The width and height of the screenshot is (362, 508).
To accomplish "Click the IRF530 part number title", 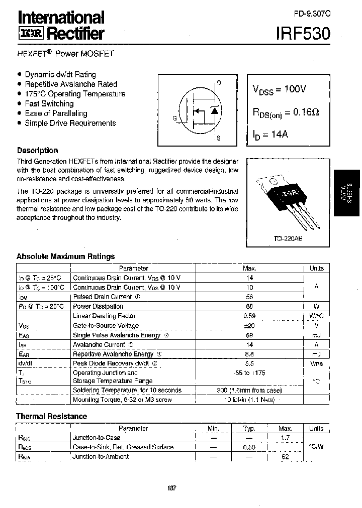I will tap(303, 34).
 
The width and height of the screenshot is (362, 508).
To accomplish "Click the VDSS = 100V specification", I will tap(279, 89).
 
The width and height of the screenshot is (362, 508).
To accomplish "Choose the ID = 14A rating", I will tap(270, 135).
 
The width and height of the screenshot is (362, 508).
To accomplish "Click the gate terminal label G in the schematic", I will tap(174, 118).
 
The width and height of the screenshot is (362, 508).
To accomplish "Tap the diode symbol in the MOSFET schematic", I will tap(215, 110).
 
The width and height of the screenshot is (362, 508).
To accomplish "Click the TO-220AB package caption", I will tap(288, 239).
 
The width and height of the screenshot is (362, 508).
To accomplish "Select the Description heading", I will tap(37, 150).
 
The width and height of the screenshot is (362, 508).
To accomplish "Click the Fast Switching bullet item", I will tap(49, 103).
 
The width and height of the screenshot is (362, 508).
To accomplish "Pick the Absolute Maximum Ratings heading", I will tap(65, 256).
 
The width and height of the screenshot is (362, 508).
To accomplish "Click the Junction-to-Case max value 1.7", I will tap(285, 438).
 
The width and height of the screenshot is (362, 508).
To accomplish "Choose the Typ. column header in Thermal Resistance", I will tap(249, 428).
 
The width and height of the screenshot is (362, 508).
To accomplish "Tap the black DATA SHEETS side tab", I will tap(347, 193).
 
